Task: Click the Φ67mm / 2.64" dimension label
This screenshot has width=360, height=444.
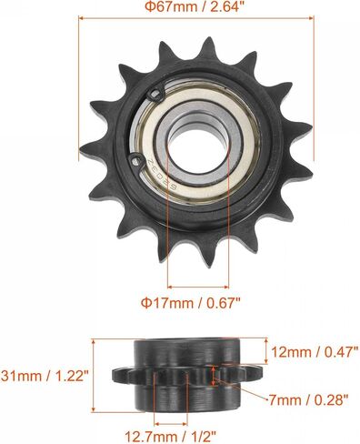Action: (x=195, y=6)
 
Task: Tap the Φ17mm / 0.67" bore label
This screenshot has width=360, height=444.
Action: (x=192, y=303)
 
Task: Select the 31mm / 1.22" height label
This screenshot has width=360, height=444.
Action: (x=45, y=376)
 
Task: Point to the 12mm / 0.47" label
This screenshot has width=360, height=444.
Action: (x=315, y=352)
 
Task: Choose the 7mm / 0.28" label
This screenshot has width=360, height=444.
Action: (x=308, y=400)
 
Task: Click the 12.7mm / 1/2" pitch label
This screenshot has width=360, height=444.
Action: (x=171, y=437)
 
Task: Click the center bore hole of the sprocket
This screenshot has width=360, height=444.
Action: (x=197, y=150)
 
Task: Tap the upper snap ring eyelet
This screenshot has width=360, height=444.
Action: (x=156, y=94)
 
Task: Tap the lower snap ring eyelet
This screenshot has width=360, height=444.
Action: (x=136, y=161)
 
